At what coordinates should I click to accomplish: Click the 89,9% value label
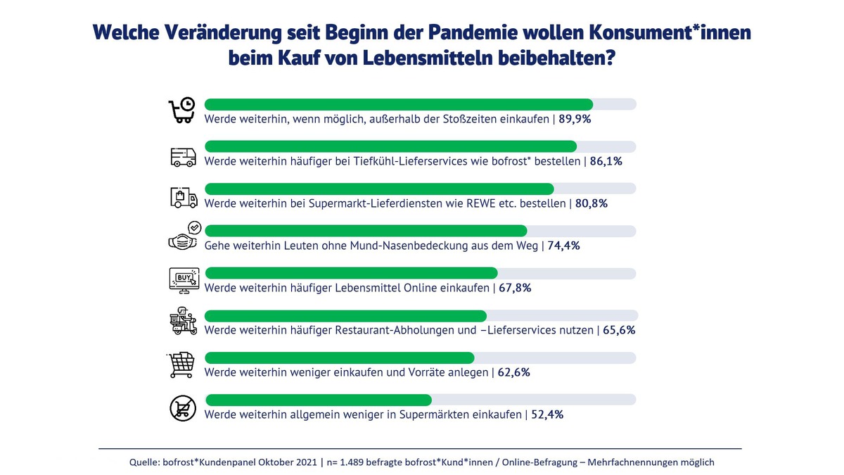coord(575,119)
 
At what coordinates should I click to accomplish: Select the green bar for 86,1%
coord(390,146)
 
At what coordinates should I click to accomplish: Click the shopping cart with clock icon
coord(182,111)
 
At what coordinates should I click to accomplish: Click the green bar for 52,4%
coord(318,400)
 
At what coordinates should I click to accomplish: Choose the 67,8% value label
coord(516,288)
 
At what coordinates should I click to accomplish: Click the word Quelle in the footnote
coord(146,462)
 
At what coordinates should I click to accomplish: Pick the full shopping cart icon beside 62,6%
coord(182,365)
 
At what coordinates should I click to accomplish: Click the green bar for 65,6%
coord(345,315)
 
